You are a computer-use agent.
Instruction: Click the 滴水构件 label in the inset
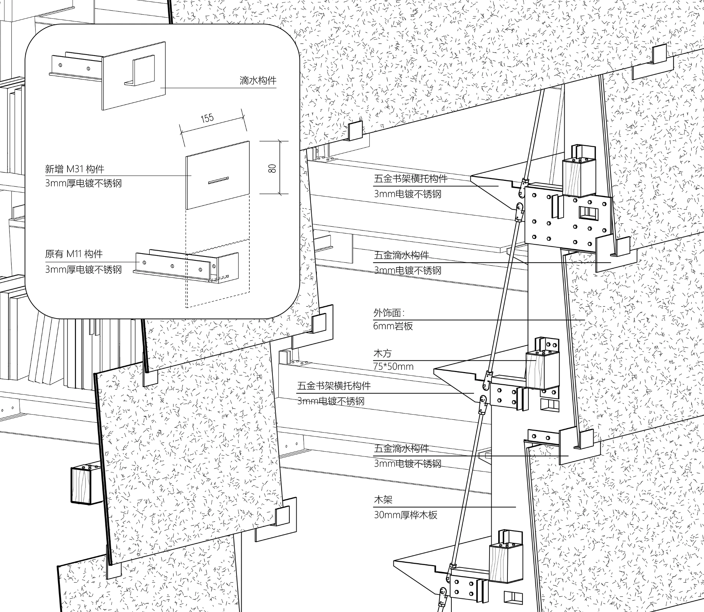coord(258,81)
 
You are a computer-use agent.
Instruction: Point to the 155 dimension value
coord(207,118)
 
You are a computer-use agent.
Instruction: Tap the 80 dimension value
coord(272,168)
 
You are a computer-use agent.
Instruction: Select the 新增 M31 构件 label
coord(74,169)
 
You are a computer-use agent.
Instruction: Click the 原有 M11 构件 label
coord(74,254)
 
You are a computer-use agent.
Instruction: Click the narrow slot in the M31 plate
coord(219,180)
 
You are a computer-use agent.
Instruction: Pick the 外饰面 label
coord(389,313)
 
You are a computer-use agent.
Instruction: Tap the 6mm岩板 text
coord(393,326)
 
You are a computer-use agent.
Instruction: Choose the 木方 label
coord(382,353)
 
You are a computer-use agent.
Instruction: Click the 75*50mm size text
coord(393,366)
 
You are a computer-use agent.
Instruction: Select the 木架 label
coord(383,499)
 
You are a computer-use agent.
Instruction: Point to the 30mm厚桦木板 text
coord(406,515)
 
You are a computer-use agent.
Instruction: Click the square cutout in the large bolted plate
coord(588,212)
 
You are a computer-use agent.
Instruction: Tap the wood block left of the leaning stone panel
coord(86,484)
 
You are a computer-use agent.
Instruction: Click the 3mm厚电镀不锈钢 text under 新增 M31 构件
coord(83,183)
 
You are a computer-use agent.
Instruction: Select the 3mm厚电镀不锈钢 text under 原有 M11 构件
coord(83,270)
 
